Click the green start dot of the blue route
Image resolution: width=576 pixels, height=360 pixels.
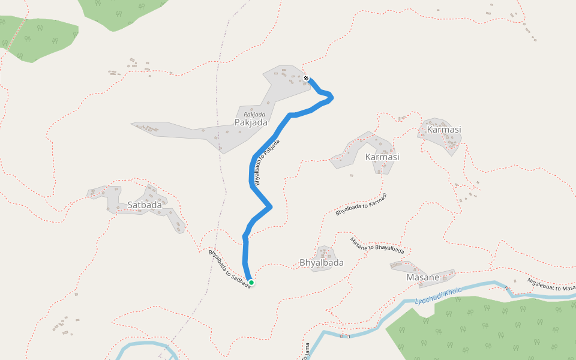point(251,283)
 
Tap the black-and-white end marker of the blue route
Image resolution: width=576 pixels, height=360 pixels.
point(306,78)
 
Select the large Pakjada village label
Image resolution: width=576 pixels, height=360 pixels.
point(251,122)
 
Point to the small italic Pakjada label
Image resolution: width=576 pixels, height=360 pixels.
point(254,114)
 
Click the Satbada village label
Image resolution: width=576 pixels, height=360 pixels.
point(145,205)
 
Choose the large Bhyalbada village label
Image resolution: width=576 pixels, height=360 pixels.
point(322,262)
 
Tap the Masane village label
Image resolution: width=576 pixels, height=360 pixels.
point(423,277)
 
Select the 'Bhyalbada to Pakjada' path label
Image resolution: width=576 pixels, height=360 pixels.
point(266,162)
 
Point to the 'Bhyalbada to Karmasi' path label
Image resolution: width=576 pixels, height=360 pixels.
point(361,204)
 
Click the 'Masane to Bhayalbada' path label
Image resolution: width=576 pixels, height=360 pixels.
point(377,245)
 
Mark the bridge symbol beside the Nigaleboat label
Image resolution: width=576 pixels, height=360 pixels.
point(507,288)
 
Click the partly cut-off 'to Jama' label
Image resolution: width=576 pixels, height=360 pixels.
point(305,351)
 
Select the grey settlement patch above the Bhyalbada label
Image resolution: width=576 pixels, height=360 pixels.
point(325,253)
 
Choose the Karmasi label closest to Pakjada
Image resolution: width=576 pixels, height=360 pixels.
point(382,157)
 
